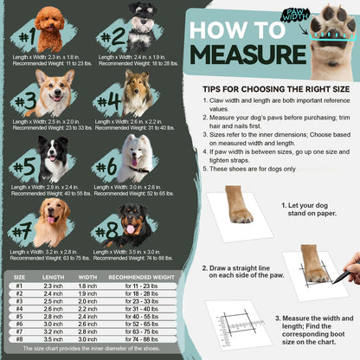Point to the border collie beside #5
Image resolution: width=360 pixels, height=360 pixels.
tap(55, 157)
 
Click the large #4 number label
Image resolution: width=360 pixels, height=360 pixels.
tap(111, 102)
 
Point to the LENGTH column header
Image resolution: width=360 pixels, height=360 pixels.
tap(53, 277)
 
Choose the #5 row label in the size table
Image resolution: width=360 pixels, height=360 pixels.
tap(19, 317)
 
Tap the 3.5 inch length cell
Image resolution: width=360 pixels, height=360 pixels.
tap(53, 339)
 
